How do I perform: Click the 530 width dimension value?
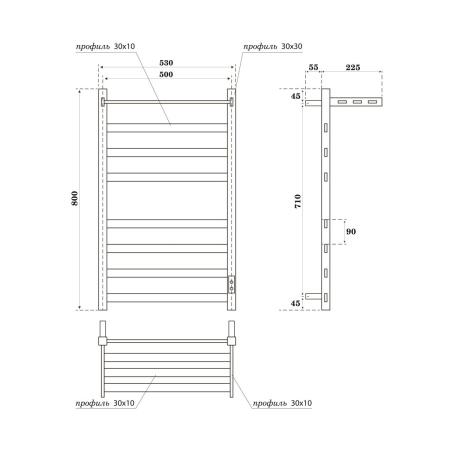[167, 62]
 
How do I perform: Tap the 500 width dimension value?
[167, 76]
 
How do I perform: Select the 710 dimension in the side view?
[297, 200]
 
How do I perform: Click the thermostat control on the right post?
[232, 283]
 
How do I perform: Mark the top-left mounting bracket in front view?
[104, 100]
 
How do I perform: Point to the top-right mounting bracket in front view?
[231, 100]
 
